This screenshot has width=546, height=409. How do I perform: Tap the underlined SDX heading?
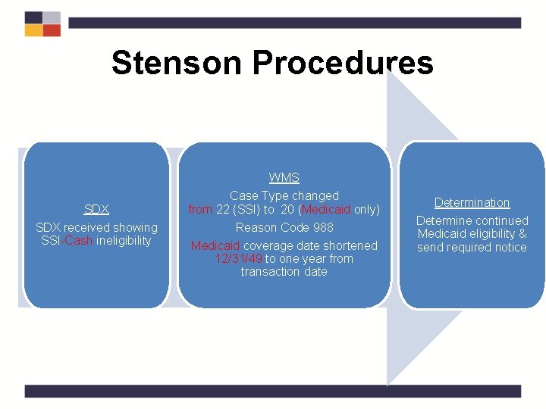[96, 209]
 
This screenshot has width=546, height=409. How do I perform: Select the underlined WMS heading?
[284, 178]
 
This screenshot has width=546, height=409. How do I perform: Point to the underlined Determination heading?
[472, 202]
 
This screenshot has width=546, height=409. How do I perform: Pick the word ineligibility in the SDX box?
[124, 241]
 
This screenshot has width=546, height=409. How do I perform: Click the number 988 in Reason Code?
[322, 227]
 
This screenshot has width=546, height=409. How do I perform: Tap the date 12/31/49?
[239, 258]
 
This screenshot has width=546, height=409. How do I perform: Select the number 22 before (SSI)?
[223, 209]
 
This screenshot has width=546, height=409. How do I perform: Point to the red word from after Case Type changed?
[201, 209]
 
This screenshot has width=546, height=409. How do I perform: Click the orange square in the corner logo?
[33, 31]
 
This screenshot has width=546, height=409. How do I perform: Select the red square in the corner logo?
[52, 31]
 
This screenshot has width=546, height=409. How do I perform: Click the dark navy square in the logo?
[33, 17]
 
